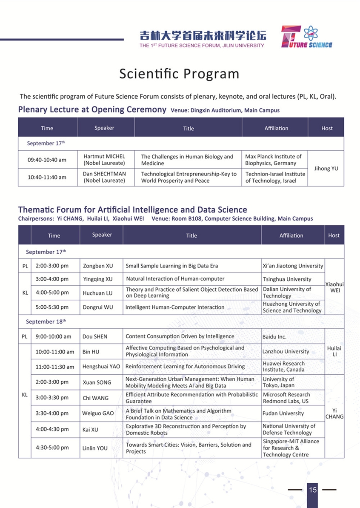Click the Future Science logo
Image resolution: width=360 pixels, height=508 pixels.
[306, 37]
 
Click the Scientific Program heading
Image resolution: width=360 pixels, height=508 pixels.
[179, 74]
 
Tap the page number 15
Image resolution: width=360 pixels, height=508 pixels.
[313, 490]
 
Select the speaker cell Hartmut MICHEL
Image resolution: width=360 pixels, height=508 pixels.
[104, 160]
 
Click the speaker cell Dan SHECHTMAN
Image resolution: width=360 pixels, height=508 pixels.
[104, 177]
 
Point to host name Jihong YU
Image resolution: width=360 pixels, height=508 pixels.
[326, 168]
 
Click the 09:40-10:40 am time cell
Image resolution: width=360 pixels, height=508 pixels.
[47, 160]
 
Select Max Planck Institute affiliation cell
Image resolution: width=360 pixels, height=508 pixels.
[274, 160]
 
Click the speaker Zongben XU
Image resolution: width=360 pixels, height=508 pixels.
[98, 266]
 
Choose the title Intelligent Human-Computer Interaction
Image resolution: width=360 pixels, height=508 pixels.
[175, 307]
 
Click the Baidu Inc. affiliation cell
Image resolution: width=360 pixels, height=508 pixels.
[274, 336]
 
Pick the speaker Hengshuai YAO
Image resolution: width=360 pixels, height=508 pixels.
[101, 367]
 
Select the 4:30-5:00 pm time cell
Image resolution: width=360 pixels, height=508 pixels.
[52, 448]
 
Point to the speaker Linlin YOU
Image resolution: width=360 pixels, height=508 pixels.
[95, 448]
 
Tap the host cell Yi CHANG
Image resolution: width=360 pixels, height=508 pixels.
[334, 413]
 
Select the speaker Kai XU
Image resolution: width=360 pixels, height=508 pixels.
[90, 430]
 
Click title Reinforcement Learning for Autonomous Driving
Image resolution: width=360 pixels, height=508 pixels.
[185, 366]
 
